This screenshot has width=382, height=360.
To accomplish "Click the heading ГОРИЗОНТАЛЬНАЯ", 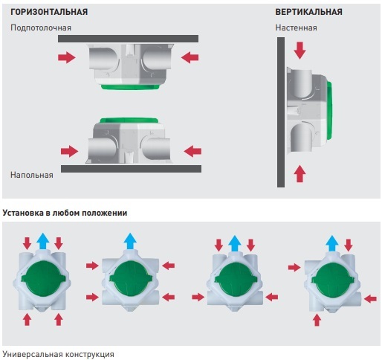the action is pos(49,12).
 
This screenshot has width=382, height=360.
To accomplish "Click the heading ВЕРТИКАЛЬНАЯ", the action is pos(308,12).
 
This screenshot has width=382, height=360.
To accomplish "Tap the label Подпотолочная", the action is pos(41,28).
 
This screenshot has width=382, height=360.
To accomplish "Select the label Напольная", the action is pos(32,175).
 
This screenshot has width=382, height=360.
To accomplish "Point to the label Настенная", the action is pos(296,28).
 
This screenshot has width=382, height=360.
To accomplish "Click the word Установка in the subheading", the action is pos(23,213).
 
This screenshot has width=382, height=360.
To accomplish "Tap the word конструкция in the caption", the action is pos(90,354).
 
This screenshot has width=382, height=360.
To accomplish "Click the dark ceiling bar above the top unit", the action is pos(128,39).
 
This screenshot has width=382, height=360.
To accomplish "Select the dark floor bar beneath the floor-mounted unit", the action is pos(131,169).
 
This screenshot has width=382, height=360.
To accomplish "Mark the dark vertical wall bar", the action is pos(281,112).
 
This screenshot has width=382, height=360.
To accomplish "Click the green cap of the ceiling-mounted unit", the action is pos(130,87).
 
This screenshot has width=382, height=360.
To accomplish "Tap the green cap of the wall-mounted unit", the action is pos(330,111).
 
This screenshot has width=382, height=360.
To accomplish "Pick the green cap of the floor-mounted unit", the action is pos(129,120).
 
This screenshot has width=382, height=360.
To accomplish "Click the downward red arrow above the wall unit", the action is pos(300,51).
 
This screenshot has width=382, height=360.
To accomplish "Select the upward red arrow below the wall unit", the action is pos(300,174).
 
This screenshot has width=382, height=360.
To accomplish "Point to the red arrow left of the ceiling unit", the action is pos(67,57).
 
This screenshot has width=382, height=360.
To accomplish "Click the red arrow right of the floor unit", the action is pos(192,151).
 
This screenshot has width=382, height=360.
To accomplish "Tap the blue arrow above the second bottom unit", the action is pos(130,241).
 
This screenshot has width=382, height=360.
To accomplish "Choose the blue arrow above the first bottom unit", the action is pos(43,241).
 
